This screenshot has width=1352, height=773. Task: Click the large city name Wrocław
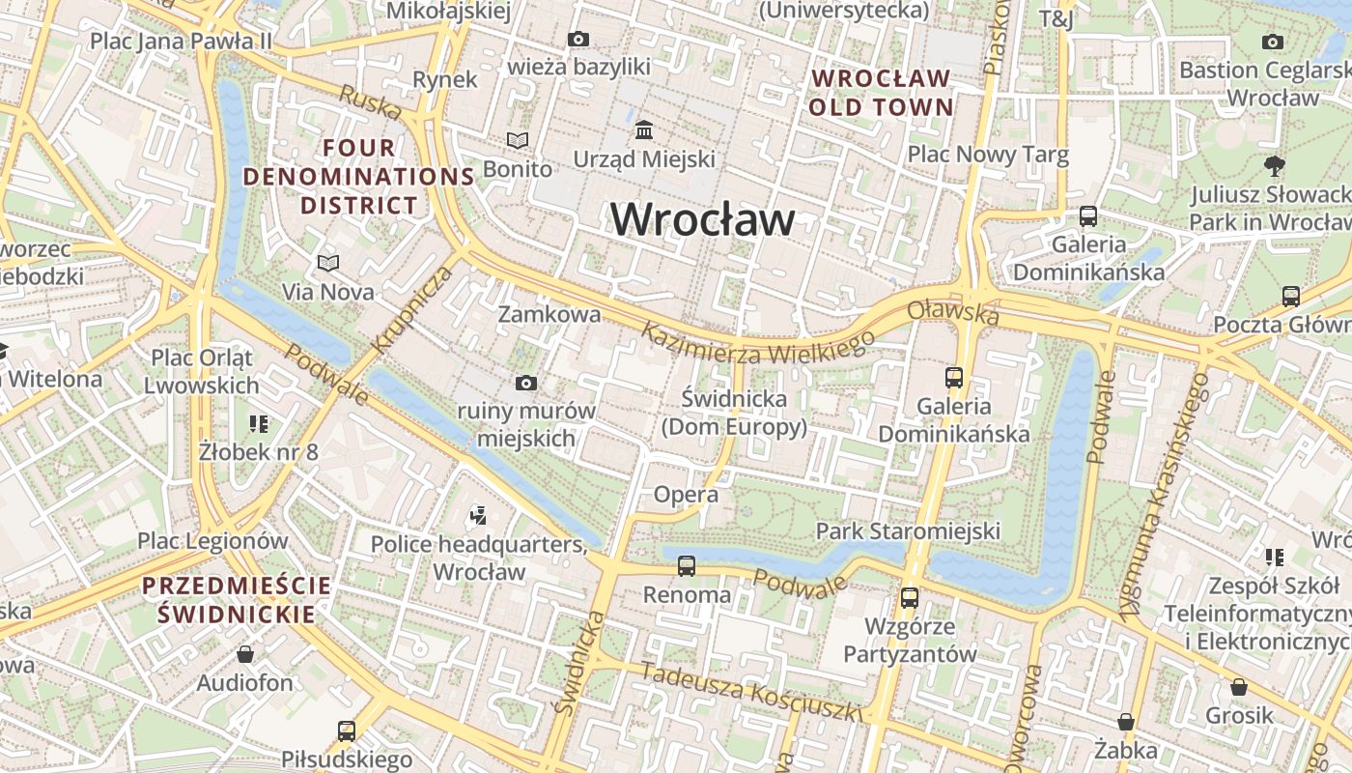703,219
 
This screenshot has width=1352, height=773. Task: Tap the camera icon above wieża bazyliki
578,40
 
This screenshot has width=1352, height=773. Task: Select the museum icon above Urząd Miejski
643,129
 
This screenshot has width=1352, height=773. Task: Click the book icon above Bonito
518,141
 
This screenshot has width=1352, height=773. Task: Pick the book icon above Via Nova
328,263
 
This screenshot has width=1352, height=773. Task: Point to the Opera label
687,495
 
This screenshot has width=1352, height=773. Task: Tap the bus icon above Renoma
687,565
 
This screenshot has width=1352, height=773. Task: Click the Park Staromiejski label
908,530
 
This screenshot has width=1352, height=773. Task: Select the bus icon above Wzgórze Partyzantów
909,598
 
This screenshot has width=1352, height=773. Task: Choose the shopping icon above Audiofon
245,654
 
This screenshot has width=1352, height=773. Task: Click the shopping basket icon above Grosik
1239,687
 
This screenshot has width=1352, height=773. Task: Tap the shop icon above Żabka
1126,722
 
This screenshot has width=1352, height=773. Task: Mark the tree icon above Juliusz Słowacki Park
1274,166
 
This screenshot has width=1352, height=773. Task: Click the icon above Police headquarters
477,516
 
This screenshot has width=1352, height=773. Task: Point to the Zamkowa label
549,314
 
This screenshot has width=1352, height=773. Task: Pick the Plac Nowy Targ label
988,155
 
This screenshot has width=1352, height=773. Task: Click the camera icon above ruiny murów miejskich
526,384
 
